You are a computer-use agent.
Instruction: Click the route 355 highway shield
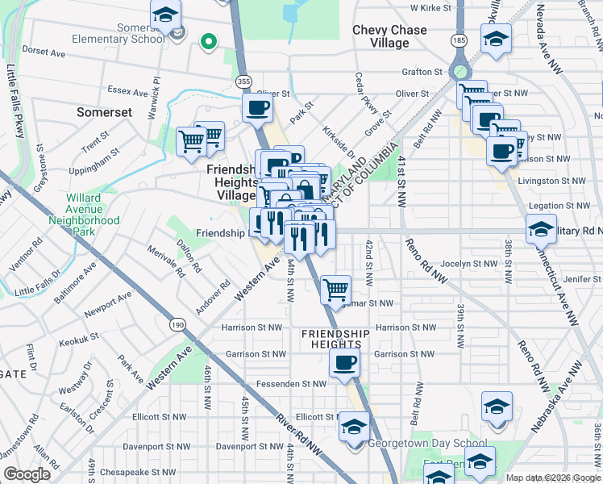pos(243,81)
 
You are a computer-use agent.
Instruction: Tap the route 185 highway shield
pos(459,39)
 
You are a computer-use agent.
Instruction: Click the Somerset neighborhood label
pos(104,112)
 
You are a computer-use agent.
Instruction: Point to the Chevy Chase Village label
pos(389,36)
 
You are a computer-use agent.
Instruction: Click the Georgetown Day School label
pos(427,444)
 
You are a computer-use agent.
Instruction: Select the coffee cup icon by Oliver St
pos(257,107)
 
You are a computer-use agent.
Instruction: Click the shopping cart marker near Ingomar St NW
pos(335,288)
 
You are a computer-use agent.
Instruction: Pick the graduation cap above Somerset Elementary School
pos(166,15)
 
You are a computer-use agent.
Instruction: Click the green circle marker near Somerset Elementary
pos(208,41)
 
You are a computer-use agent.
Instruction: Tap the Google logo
pos(27,474)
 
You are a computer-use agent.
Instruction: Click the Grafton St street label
pos(422,72)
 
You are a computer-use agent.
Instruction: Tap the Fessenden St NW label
pos(296,383)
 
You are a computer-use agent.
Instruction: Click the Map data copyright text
pos(553,478)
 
